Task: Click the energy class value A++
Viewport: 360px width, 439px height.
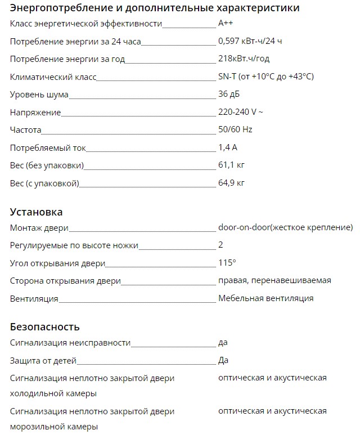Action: click(227, 24)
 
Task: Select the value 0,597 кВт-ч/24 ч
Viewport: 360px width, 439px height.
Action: click(250, 41)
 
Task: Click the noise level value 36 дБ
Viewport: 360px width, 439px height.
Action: click(229, 94)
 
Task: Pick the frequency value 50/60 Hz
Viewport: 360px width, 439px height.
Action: click(235, 129)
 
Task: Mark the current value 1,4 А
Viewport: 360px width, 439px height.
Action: click(228, 147)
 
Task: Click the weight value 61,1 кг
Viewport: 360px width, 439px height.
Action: click(231, 165)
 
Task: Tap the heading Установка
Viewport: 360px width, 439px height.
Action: click(36, 212)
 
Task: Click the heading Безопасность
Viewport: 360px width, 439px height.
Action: click(45, 327)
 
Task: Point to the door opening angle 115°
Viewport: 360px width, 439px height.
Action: click(227, 263)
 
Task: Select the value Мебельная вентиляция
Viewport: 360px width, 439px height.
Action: click(265, 298)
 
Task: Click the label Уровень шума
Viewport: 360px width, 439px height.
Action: click(39, 95)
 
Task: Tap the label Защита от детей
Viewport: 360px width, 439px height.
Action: click(43, 361)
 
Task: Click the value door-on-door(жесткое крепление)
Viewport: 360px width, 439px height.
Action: click(285, 227)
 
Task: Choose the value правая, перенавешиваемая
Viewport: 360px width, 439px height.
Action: click(274, 280)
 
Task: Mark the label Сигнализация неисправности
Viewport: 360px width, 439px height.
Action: click(70, 343)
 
